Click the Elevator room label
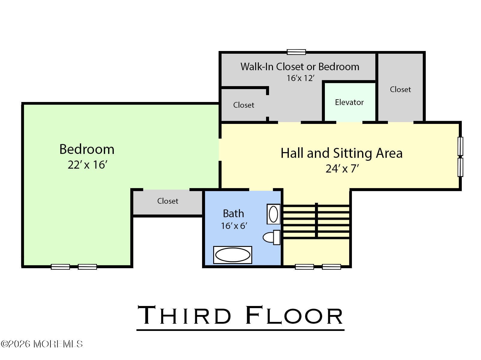tap(349, 102)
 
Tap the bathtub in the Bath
tap(232, 255)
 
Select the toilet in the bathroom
tap(271, 237)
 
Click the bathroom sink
tap(273, 214)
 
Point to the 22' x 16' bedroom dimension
tap(87, 165)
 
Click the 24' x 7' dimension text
tap(342, 169)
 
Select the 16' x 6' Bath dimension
tap(234, 226)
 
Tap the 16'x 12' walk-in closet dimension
tap(300, 78)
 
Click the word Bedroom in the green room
tap(87, 149)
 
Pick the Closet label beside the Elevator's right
tap(400, 89)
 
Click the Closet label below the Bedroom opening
tap(168, 201)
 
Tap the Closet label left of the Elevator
tap(244, 105)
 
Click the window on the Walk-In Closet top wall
tap(296, 52)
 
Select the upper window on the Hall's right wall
tap(460, 146)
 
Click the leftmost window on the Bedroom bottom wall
tap(60, 267)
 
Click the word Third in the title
tap(184, 315)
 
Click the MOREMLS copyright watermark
tap(42, 344)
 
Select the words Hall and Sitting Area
tap(341, 153)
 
